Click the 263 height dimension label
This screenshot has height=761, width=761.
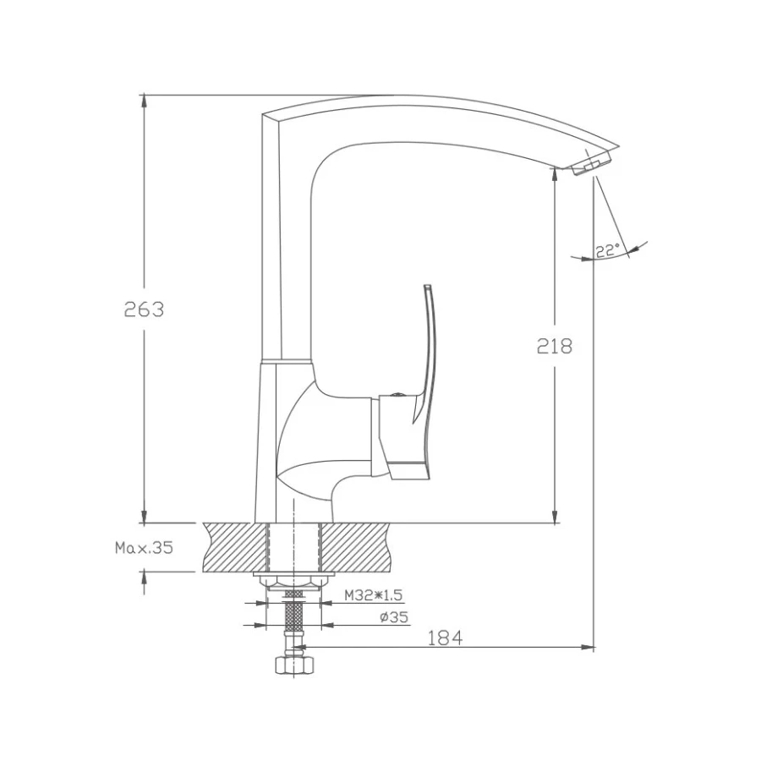(x=144, y=309)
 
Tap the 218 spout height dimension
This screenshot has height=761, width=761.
(x=555, y=345)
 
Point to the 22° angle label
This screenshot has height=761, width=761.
(x=606, y=249)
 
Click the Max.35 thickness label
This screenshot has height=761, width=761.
(x=144, y=548)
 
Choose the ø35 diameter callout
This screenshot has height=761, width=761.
(x=393, y=617)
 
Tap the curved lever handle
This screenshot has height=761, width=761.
(x=427, y=355)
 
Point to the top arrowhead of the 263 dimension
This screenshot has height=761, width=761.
(x=145, y=100)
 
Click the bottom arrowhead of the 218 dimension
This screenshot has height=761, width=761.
(x=555, y=517)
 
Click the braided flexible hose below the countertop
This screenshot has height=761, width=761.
(x=292, y=621)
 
